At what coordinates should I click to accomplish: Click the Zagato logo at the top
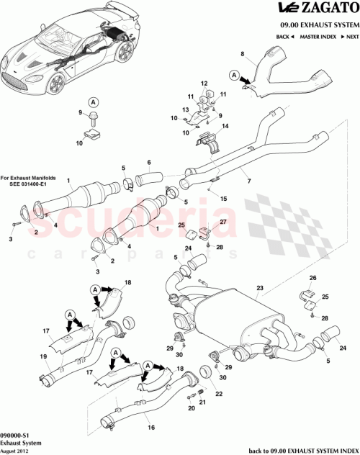[x=318, y=9]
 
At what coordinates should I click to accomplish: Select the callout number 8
[x=242, y=54]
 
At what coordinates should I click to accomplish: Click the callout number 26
[x=312, y=277]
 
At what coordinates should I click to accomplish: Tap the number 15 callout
[x=223, y=198]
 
